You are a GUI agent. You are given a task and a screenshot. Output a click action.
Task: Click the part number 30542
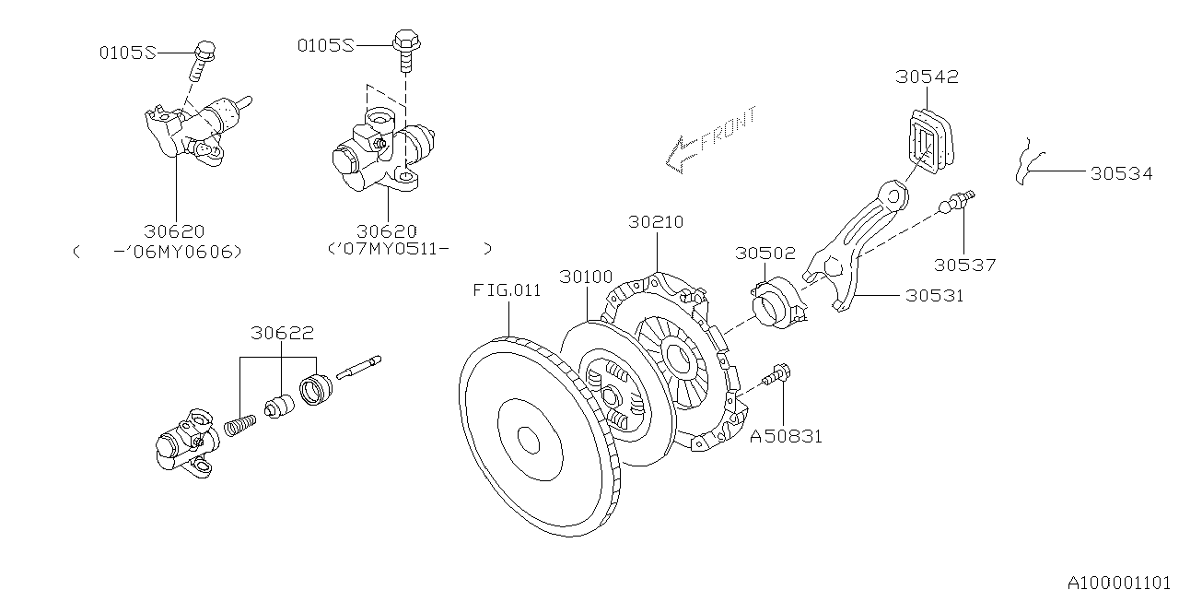coord(927,77)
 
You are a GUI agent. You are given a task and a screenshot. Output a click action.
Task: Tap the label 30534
coord(1121,172)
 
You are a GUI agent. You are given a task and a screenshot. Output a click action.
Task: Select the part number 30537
coord(964,265)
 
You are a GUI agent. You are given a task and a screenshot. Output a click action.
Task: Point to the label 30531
coord(936,296)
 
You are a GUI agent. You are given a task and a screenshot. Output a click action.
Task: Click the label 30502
coord(765,252)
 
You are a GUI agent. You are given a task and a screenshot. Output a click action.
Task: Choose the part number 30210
coord(657,222)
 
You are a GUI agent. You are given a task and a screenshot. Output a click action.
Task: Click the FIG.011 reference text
coord(508,290)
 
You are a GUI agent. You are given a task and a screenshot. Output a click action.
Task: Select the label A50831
coord(785,436)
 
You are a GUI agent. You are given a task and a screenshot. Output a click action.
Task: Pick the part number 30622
coord(282,333)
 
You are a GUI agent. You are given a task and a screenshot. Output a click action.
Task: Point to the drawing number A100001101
coord(1122,582)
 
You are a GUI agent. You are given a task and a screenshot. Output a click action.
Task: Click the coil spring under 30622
coord(241,426)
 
